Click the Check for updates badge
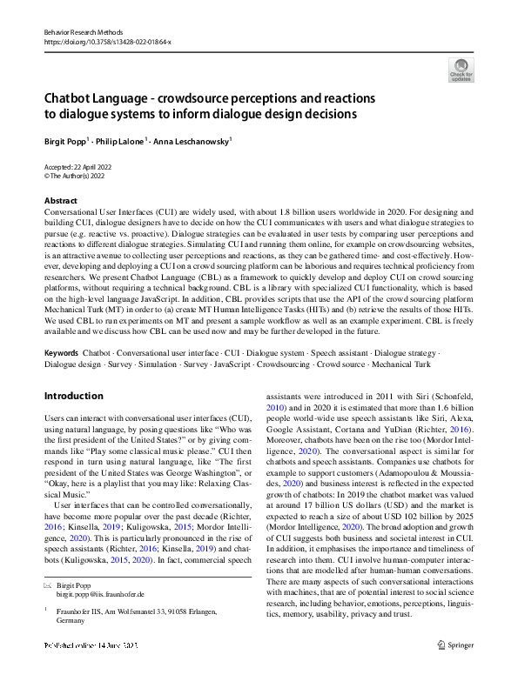[x=460, y=70]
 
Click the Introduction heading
[x=73, y=396]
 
